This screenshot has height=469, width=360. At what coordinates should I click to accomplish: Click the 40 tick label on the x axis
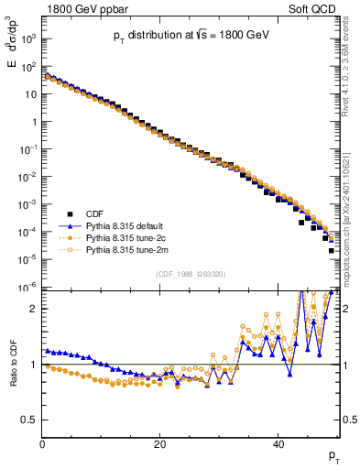coord(277,444)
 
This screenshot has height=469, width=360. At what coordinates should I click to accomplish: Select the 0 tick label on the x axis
coord(42,444)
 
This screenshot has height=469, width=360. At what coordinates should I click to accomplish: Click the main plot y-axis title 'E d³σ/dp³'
coord(13,64)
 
